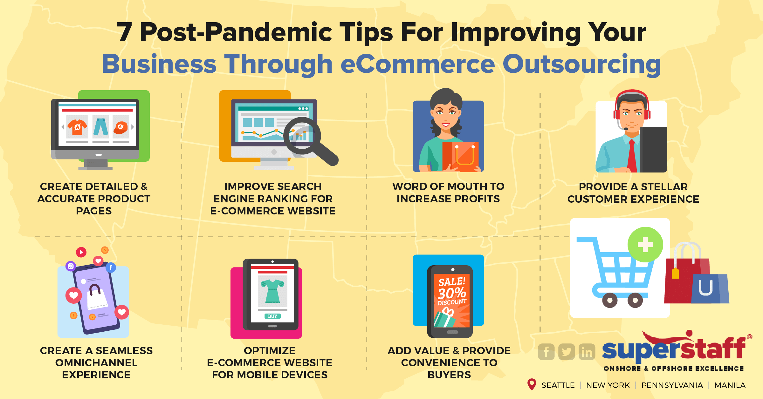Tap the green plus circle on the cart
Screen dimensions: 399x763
pos(645,245)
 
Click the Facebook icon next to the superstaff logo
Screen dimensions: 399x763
pos(546,352)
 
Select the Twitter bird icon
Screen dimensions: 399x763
pos(567,352)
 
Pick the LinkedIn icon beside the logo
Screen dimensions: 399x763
pos(587,352)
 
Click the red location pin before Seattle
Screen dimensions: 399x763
pos(532,384)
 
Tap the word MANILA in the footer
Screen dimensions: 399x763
pos(730,385)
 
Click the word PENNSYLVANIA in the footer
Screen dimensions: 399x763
pos(672,385)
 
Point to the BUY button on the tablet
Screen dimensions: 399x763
pos(272,316)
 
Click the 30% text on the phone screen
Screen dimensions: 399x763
pos(451,293)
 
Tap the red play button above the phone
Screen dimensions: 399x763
pos(81,252)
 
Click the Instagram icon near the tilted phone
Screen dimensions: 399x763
pos(71,266)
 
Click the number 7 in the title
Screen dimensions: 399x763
pos(124,32)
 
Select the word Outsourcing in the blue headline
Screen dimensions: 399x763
pos(581,64)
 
